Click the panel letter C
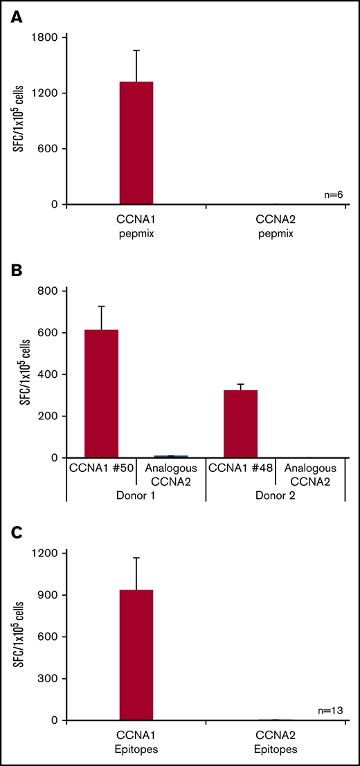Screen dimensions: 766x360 15,531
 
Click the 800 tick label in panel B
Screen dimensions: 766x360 48,291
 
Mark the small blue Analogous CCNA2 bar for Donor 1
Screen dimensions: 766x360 171,457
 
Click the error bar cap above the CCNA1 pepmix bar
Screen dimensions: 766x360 136,50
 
